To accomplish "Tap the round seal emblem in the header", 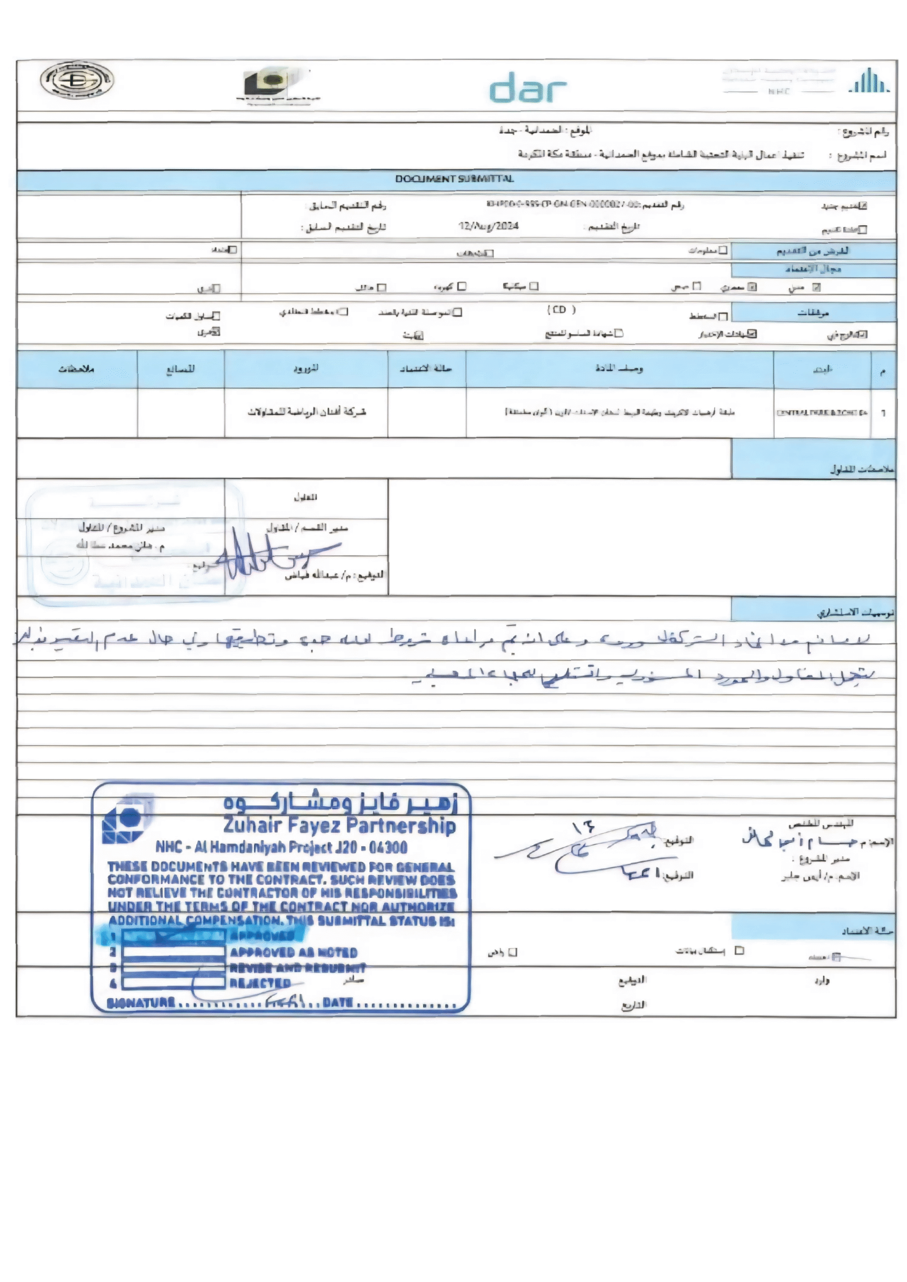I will click(77, 80).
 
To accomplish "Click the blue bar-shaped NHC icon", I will click(868, 81).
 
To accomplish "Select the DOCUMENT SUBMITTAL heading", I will click(454, 179).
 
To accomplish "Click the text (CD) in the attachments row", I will click(561, 309).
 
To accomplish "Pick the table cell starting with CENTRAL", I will click(821, 413).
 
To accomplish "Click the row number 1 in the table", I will click(883, 413).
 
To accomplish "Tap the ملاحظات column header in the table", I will click(77, 369).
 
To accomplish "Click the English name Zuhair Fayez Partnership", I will click(340, 825).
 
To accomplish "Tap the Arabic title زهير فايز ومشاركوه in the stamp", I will click(341, 802).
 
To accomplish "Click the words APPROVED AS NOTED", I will click(293, 952).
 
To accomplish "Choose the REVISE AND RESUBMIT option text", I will click(297, 968).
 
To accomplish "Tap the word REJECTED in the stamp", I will click(260, 983).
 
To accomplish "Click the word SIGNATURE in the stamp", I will click(141, 1003).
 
